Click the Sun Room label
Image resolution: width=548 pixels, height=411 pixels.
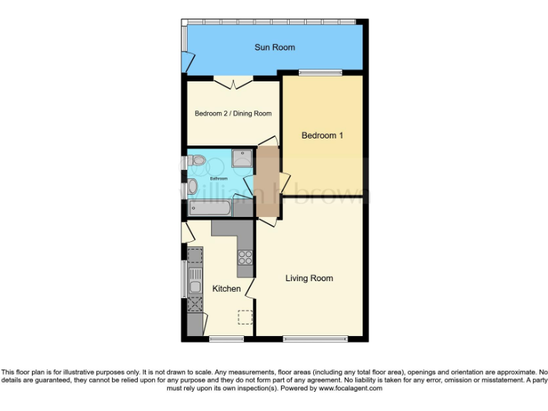pos(275,48)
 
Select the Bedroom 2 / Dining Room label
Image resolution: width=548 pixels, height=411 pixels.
pos(233,113)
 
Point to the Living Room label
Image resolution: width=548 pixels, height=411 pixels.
pos(309,278)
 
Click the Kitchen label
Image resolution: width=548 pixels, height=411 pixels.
pos(226,288)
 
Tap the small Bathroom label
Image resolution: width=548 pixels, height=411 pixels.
pos(218,178)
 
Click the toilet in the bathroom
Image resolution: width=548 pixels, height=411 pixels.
pos(196,160)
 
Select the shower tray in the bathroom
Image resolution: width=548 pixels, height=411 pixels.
pos(242,158)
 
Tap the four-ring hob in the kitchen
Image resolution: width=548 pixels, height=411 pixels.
pos(245,258)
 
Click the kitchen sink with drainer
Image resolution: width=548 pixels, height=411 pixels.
pos(195,285)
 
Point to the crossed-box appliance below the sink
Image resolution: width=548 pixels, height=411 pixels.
pos(195,305)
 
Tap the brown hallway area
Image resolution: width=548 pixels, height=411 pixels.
pos(267,183)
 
